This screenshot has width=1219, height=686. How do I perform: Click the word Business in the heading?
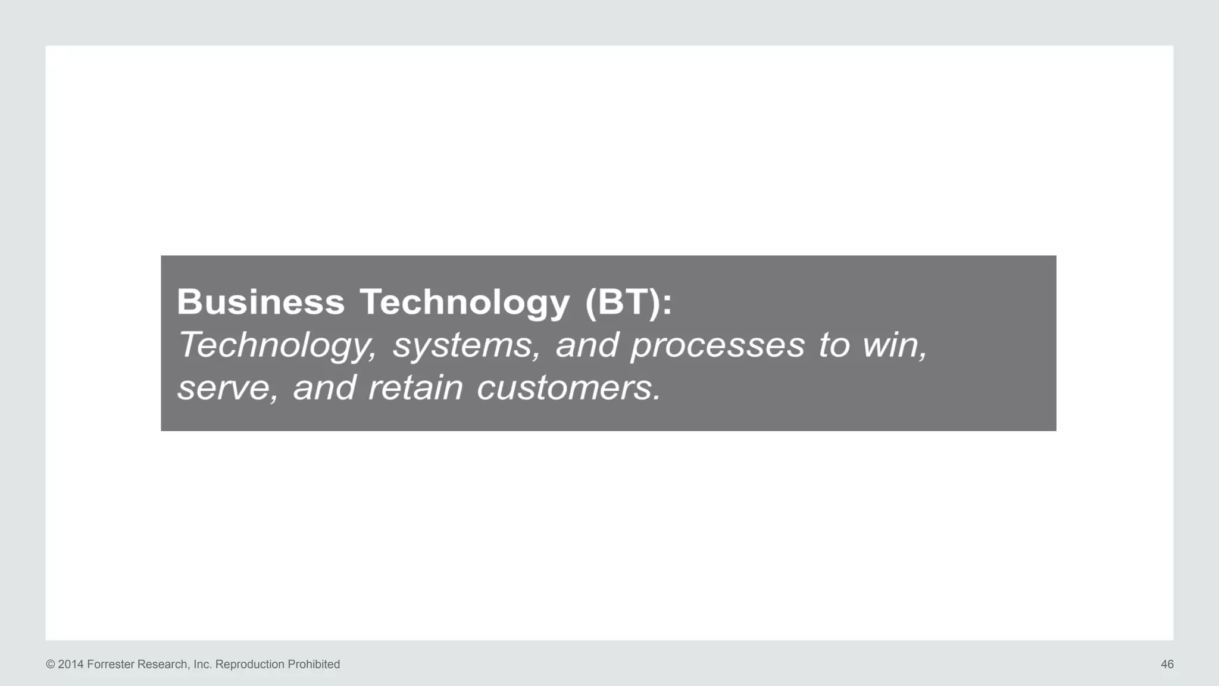(261, 301)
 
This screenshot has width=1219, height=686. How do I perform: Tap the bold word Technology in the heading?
(464, 303)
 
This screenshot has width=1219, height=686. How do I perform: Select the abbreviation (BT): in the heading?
(629, 303)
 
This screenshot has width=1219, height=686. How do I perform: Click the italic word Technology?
(277, 345)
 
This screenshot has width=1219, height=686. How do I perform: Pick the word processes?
(717, 345)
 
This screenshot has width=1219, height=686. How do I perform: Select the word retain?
(415, 388)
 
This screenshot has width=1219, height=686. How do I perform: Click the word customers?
(568, 388)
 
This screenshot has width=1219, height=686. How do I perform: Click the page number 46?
(1167, 665)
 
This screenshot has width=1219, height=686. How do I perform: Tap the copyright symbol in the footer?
(51, 665)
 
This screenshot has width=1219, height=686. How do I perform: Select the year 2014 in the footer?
(71, 665)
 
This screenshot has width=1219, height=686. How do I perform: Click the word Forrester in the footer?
(111, 665)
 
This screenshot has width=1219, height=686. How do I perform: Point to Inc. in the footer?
(202, 665)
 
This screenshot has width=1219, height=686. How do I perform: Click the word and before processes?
(587, 345)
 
